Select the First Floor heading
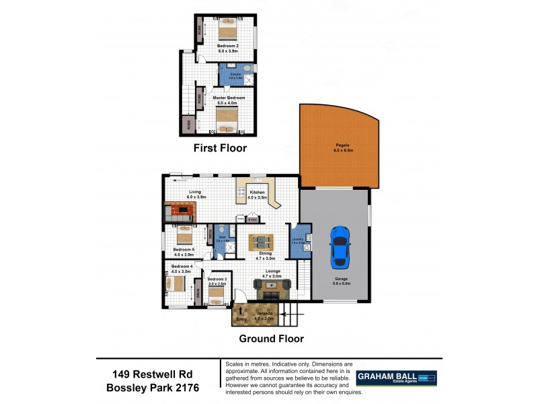click(220, 148)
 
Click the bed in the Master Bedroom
click(229, 121)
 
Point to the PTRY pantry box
click(253, 219)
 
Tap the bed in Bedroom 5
click(184, 236)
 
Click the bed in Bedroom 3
click(217, 296)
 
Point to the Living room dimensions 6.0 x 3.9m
click(195, 197)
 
